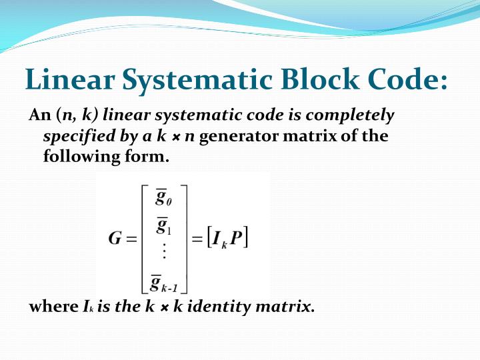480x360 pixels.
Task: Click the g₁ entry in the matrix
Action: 162,227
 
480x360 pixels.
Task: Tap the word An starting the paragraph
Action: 37,116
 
